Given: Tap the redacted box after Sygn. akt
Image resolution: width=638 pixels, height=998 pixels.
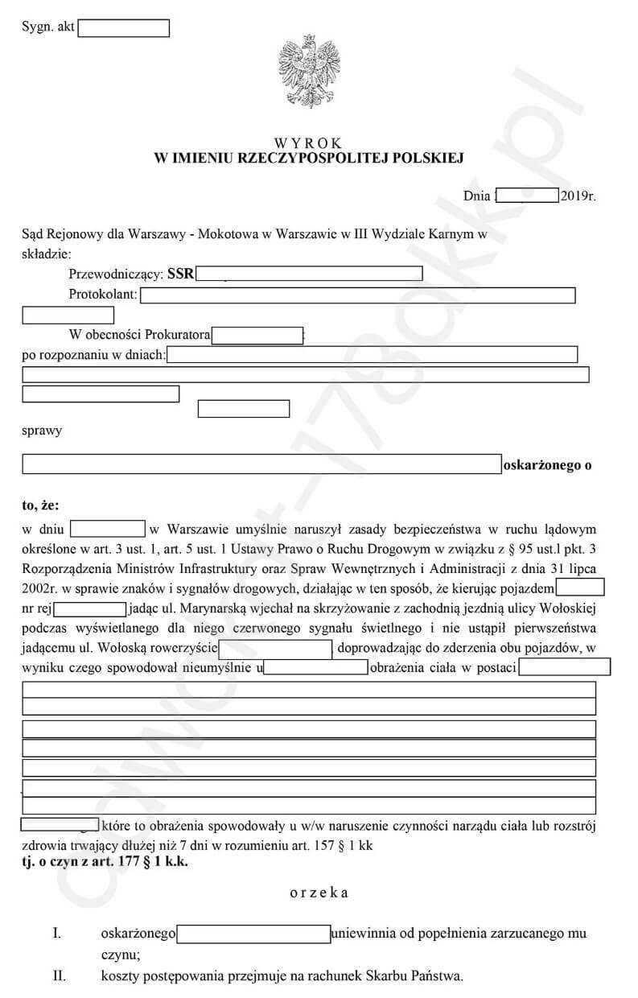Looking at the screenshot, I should click(x=124, y=29).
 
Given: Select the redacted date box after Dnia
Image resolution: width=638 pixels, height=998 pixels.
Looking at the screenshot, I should click(x=527, y=196).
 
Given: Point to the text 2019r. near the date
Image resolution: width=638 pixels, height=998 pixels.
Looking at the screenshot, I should click(x=578, y=196).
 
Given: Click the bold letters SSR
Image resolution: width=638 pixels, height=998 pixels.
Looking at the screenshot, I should click(x=181, y=274).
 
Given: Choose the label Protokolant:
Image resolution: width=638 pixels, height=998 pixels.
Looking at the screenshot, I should click(x=103, y=295).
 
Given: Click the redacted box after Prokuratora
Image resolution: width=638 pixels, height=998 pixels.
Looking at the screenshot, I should click(x=257, y=336).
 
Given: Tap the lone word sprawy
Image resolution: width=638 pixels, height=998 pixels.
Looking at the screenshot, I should click(x=42, y=430).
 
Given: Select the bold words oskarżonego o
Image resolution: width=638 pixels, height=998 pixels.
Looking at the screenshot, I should click(x=547, y=465).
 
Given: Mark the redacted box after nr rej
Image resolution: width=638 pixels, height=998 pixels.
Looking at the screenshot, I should click(x=89, y=610).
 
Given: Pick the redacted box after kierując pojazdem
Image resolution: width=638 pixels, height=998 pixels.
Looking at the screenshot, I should click(x=580, y=588).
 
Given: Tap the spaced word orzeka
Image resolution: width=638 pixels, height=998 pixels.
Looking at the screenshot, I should click(x=319, y=893).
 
